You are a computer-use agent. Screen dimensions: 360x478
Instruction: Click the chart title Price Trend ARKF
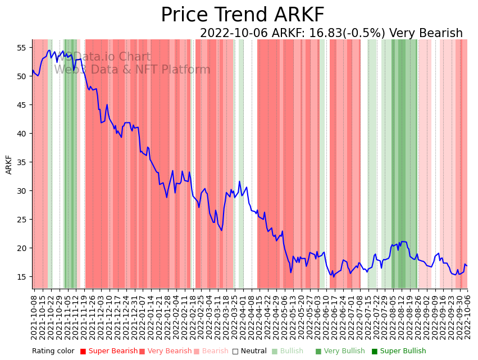click(242, 15)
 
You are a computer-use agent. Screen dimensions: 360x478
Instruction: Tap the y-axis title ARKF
click(9, 165)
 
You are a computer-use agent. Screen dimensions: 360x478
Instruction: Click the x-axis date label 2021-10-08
click(34, 317)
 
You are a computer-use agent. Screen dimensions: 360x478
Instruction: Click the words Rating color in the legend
click(53, 352)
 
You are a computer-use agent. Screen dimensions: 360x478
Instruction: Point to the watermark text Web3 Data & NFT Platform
click(132, 70)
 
